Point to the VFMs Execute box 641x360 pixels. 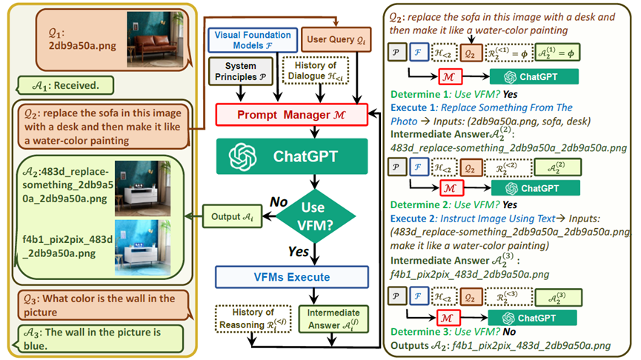pyautogui.click(x=291, y=277)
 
